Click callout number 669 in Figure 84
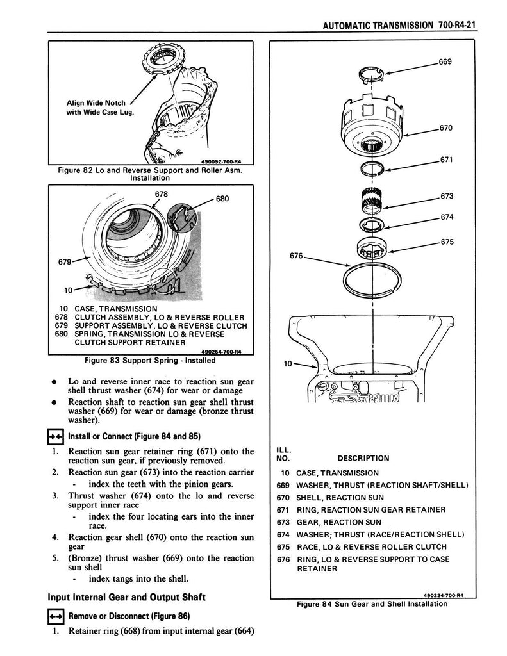[445, 62]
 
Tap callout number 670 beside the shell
[446, 128]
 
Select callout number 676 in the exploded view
[296, 255]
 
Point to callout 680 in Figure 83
[222, 199]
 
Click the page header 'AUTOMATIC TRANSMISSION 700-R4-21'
[401, 27]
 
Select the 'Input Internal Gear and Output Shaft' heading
[127, 598]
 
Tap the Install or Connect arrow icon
[57, 438]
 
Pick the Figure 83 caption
[151, 360]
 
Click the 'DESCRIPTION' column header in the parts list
[363, 458]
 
